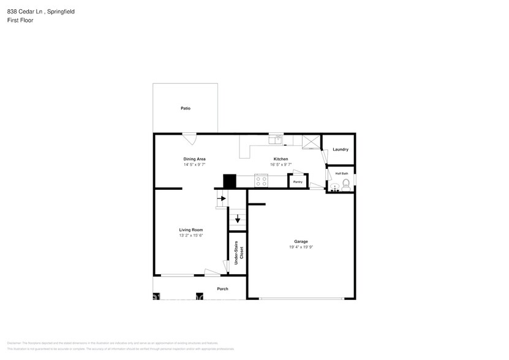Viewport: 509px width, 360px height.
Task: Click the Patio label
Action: pos(185,108)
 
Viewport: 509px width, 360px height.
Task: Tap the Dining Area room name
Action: pos(194,159)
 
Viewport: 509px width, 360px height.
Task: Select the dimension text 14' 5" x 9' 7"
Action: pos(194,165)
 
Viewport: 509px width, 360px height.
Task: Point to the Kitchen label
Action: pos(281,159)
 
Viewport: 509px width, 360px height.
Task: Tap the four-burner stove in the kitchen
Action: pos(261,181)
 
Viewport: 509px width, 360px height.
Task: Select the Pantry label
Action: pos(298,182)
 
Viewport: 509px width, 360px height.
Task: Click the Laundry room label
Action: pos(341,149)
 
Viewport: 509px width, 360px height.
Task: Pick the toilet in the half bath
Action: pos(345,182)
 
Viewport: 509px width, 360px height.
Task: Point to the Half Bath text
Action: pos(341,173)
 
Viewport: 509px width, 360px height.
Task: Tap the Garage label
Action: pos(300,241)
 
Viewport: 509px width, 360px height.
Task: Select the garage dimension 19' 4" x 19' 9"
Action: pos(300,247)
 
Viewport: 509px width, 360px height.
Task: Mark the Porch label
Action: pos(222,289)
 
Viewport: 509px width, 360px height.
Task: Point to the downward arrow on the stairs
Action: pos(238,219)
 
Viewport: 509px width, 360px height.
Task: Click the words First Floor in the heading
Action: pos(21,20)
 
